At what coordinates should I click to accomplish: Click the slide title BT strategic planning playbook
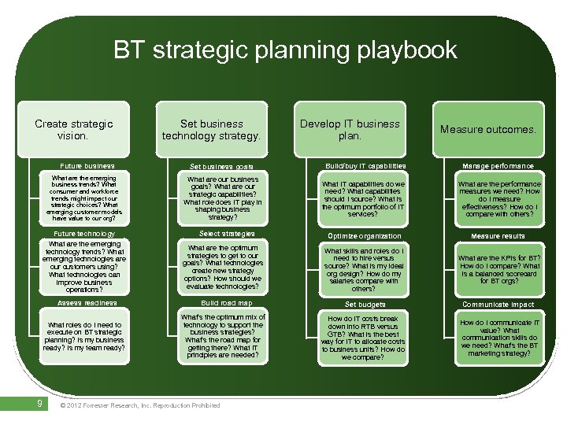tap(284, 50)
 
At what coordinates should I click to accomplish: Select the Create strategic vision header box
tap(74, 130)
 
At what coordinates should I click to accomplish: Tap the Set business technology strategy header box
tap(211, 130)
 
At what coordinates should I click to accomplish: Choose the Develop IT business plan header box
tap(350, 130)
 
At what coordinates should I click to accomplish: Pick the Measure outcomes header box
tap(487, 129)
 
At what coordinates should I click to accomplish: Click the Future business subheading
tap(87, 166)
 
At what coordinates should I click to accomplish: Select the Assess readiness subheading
tap(87, 303)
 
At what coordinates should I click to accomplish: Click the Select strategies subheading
tap(226, 234)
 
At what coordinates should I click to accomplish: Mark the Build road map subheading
tap(226, 303)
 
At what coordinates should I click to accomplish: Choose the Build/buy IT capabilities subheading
tap(365, 166)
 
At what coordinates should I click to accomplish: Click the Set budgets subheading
tap(365, 305)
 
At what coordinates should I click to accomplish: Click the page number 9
tap(39, 405)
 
